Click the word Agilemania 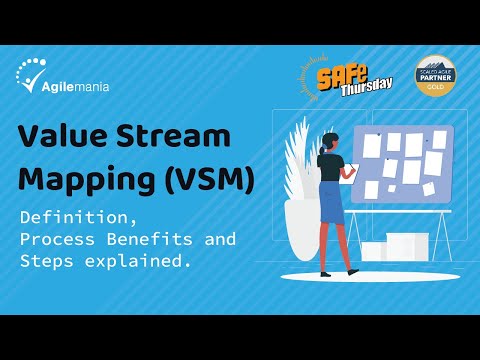point(78,86)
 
